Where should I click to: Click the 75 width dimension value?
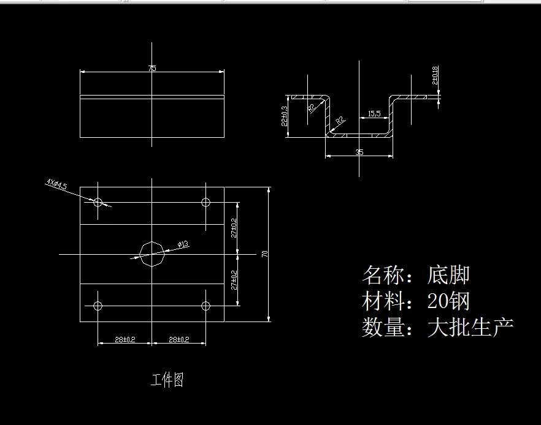152,69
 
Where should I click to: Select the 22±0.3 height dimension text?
284,116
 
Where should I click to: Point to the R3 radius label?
312,108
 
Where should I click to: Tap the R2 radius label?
339,121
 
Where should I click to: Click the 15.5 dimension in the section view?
373,114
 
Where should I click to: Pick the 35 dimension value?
359,152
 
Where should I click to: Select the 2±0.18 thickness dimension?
434,75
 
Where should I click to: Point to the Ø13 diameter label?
182,244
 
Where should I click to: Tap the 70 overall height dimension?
265,254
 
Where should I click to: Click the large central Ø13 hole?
152,254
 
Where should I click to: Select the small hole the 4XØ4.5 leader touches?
98,201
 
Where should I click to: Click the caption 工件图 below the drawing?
167,380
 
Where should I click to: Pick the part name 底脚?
448,275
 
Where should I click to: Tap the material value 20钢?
448,301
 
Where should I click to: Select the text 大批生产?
470,327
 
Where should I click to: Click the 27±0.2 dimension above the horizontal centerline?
234,227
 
